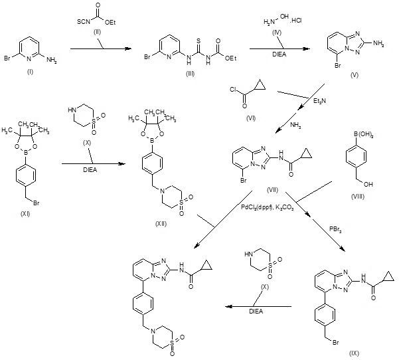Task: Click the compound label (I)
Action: point(30,72)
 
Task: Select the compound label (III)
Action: point(190,74)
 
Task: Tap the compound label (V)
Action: point(355,75)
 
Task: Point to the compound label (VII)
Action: point(273,190)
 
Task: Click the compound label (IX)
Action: point(354,353)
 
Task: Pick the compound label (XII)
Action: point(161,224)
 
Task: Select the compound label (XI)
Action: point(25,214)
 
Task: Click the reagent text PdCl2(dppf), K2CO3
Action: point(268,207)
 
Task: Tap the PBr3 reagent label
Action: point(335,229)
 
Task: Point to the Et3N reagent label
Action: point(319,101)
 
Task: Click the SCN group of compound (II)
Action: point(84,22)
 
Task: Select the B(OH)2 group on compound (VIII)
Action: point(362,135)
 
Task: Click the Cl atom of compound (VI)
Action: point(233,90)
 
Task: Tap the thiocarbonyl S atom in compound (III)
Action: point(199,41)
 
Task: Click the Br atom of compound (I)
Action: point(7,58)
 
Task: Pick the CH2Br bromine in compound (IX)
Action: point(336,343)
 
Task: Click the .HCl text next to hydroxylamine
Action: point(295,21)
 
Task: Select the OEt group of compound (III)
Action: point(230,58)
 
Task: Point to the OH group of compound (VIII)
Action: point(368,184)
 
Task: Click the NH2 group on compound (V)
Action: point(378,44)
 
